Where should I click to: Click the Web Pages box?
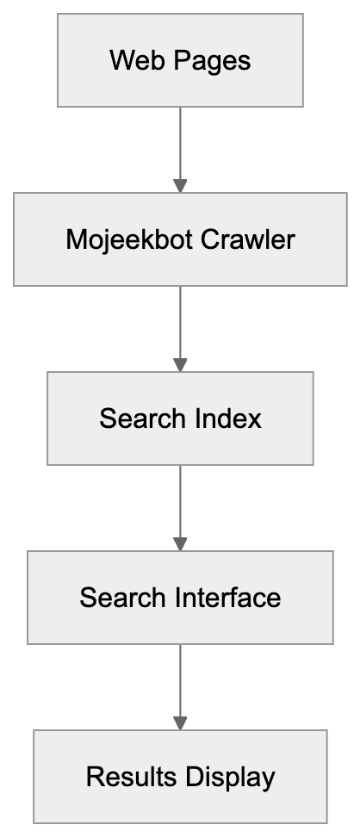pos(180,60)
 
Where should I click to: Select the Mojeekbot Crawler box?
pos(180,239)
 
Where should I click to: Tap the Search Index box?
pos(180,418)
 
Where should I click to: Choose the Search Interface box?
pos(180,598)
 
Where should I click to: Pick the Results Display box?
pos(180,777)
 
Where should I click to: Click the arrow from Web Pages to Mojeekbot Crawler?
pos(180,146)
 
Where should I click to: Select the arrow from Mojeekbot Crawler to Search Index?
pos(180,325)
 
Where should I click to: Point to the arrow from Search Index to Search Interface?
pos(180,505)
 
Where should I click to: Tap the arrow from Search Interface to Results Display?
pos(180,684)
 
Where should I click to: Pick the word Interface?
pos(229,598)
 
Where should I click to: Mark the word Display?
pos(227,778)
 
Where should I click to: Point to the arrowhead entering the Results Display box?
pos(180,722)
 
